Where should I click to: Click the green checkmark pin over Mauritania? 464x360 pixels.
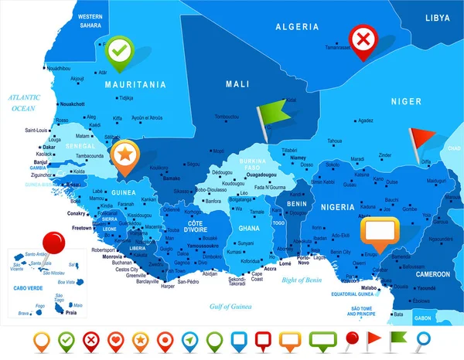click(118, 50)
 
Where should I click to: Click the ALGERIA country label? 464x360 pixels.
click(297, 26)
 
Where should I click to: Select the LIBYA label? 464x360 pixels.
click(437, 16)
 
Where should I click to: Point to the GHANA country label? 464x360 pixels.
click(249, 229)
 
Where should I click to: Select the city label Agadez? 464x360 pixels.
click(366, 121)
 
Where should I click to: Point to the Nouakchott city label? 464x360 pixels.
click(73, 104)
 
